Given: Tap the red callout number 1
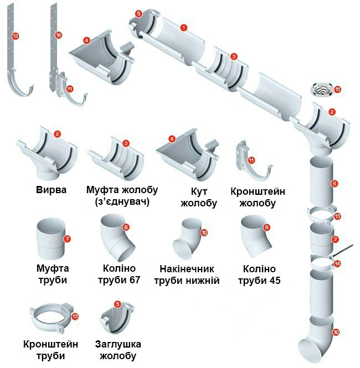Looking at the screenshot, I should click(x=183, y=27).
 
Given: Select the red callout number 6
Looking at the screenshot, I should click(x=335, y=183).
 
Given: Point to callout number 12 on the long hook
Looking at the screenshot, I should click(x=16, y=36).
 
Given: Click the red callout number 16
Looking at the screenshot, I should click(x=59, y=35).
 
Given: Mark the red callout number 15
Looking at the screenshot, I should click(x=338, y=89).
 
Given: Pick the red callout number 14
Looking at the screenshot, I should click(x=337, y=264).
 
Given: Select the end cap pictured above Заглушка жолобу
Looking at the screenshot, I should click(x=116, y=318).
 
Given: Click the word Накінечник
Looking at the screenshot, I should click(x=189, y=268).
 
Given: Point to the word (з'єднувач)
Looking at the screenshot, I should click(x=122, y=202).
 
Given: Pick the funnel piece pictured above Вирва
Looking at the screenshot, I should click(x=47, y=153).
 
